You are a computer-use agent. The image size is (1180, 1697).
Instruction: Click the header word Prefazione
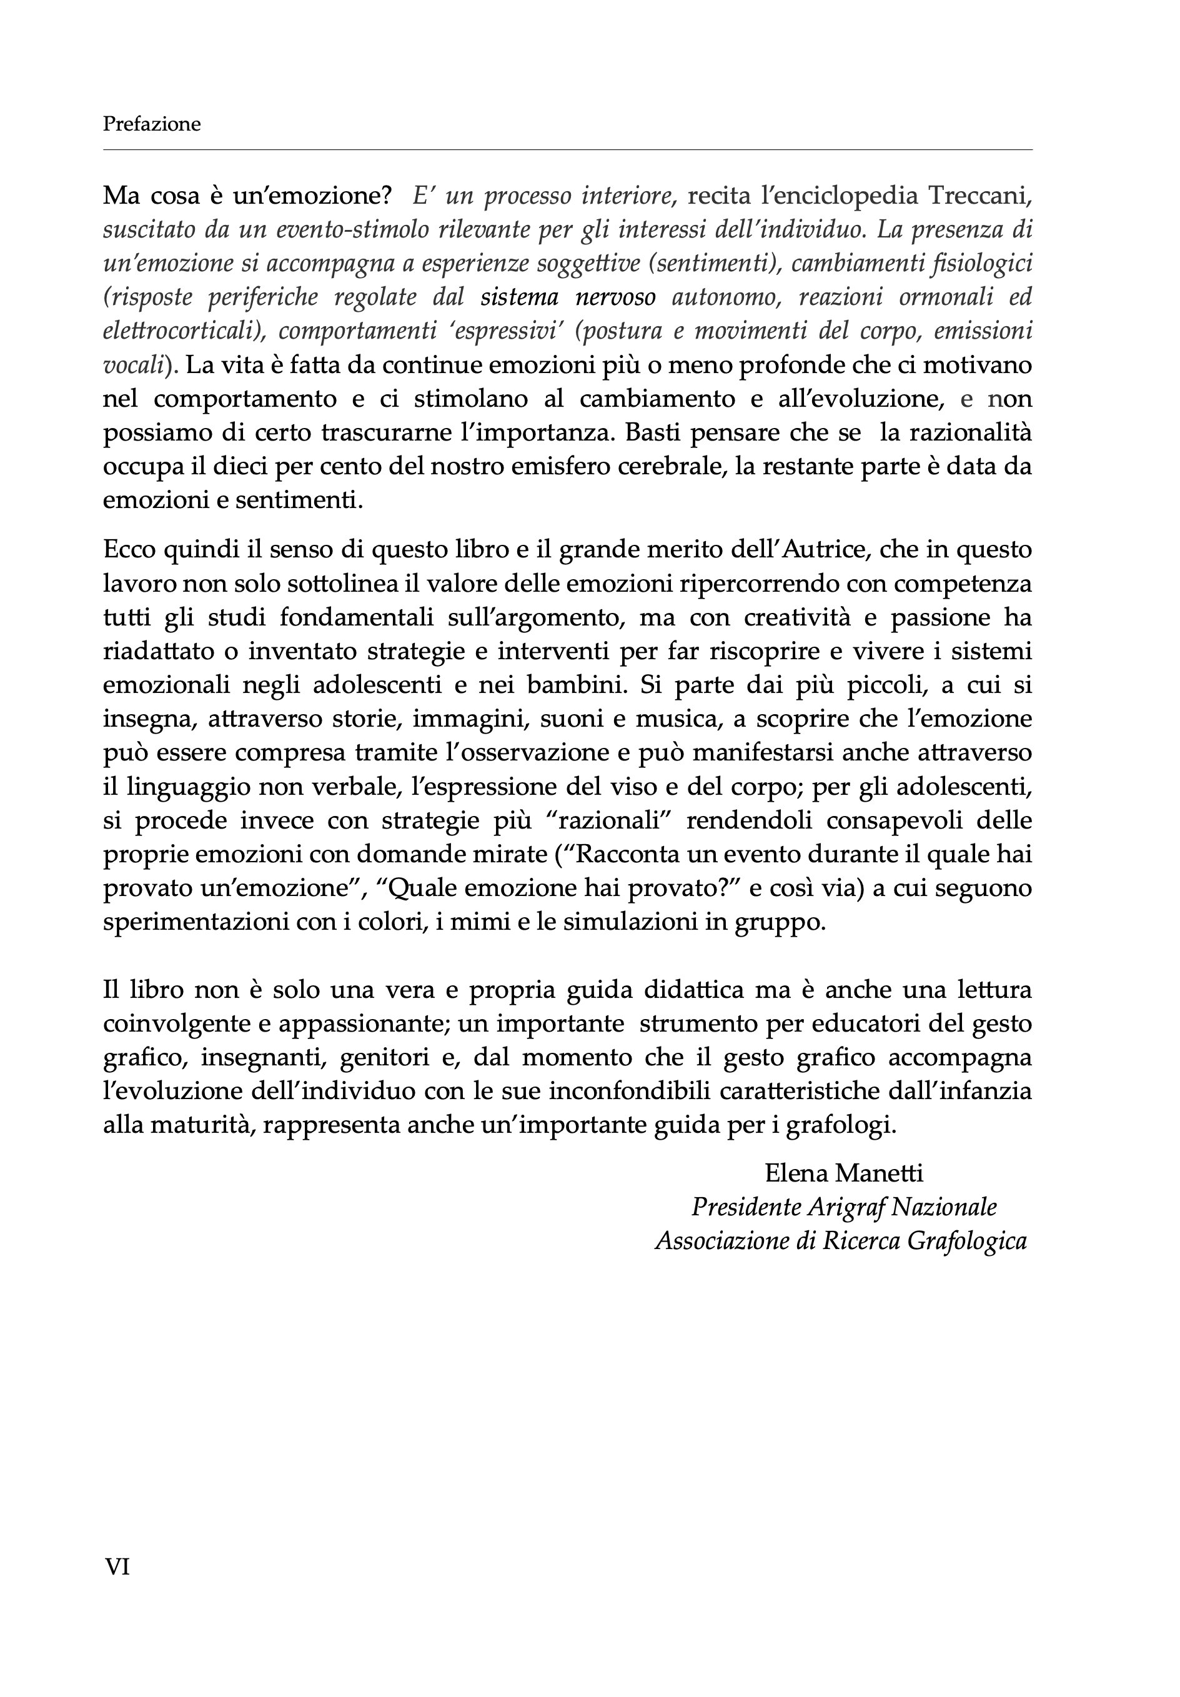[151, 124]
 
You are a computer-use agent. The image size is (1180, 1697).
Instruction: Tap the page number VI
[117, 1566]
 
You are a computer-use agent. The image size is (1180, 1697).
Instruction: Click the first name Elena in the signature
[795, 1173]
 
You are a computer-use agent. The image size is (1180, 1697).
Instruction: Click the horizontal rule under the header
[567, 150]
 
